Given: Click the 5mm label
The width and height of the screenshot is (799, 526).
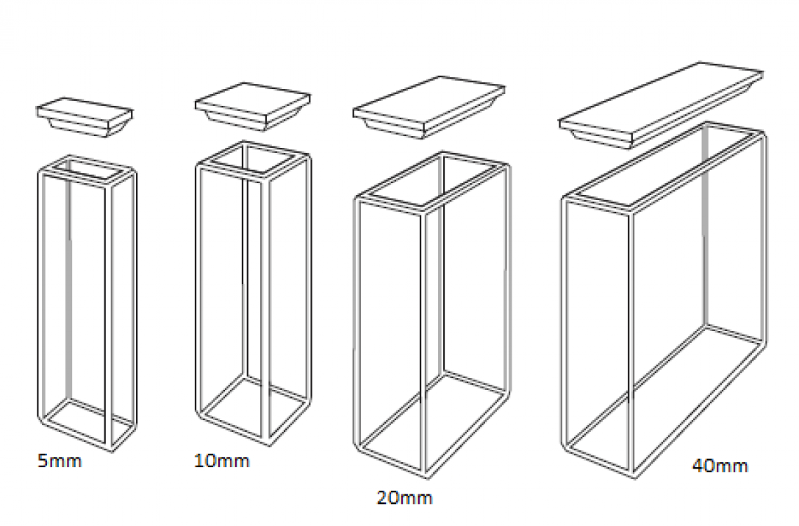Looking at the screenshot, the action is pyautogui.click(x=59, y=461).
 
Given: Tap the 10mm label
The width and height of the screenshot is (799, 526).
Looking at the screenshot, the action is pyautogui.click(x=222, y=461).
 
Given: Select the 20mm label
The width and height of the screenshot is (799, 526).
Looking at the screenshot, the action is pyautogui.click(x=404, y=497).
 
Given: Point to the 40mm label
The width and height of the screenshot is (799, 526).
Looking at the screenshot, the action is pyautogui.click(x=720, y=466).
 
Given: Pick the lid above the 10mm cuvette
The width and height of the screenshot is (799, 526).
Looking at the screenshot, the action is pyautogui.click(x=253, y=106).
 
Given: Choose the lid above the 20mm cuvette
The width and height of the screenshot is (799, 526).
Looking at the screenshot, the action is pyautogui.click(x=429, y=107).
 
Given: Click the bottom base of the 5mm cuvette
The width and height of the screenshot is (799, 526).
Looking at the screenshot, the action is pyautogui.click(x=87, y=425).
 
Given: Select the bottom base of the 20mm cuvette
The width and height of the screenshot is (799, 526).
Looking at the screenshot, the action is pyautogui.click(x=431, y=424).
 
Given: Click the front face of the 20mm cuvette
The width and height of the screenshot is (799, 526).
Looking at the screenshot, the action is pyautogui.click(x=390, y=337).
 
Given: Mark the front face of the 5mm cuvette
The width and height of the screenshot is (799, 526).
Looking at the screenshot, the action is pyautogui.click(x=75, y=311).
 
